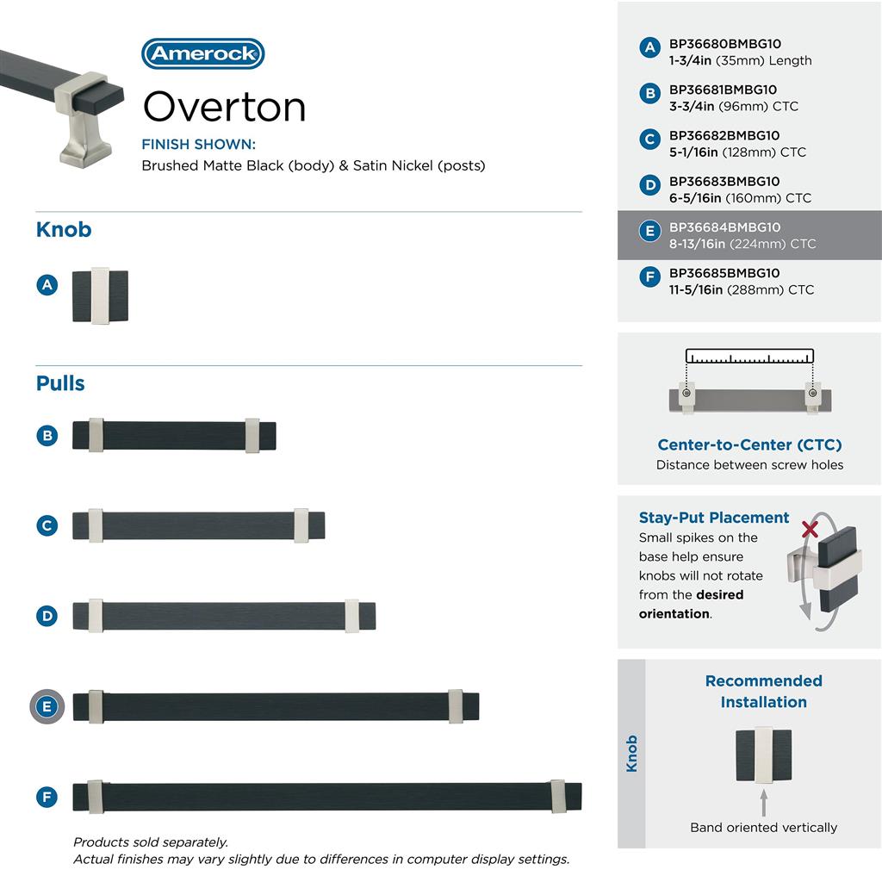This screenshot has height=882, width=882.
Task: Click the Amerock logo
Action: pos(202,53)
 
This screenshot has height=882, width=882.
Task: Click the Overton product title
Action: pos(224,108)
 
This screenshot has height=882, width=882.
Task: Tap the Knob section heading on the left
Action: pos(64,230)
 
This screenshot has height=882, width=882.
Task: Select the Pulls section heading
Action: pos(60,383)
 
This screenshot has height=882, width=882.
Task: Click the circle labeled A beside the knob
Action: pos(47,284)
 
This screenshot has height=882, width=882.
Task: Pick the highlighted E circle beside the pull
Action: pos(47,707)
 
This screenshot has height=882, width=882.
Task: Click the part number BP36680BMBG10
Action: pos(724,44)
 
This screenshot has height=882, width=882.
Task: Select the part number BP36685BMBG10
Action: pos(724,273)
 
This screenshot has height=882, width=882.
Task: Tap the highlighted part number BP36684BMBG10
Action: pos(724,227)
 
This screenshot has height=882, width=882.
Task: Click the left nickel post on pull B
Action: pos(96,435)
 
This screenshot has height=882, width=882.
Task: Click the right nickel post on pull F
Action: pos(558,796)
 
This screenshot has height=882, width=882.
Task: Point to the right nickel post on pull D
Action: pos(352,616)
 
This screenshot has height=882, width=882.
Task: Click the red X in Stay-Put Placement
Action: pos(810,528)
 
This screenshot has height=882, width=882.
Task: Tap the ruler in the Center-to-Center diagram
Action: pos(749,356)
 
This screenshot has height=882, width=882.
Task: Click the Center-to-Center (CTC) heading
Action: pos(749,445)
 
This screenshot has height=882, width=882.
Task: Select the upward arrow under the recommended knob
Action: pos(763,803)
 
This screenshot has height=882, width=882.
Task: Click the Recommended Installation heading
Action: pos(763,691)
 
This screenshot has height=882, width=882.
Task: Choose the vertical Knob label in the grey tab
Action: pos(631,754)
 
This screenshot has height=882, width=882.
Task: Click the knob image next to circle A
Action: pos(100,297)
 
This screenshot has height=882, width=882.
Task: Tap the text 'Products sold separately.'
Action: pos(151,842)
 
